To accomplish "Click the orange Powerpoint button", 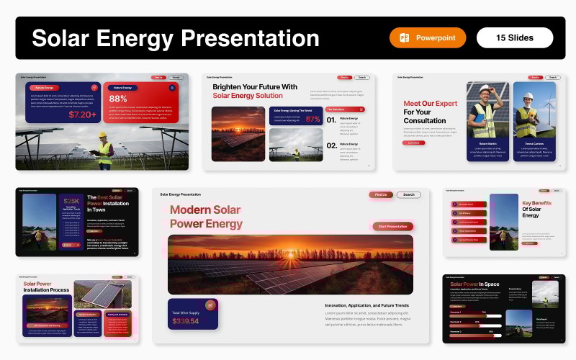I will pyautogui.click(x=428, y=37).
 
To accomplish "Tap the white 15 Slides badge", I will pyautogui.click(x=515, y=37).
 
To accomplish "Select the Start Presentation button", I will pyautogui.click(x=392, y=226).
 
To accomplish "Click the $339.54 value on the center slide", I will pyautogui.click(x=185, y=320).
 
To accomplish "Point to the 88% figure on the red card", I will pyautogui.click(x=119, y=99).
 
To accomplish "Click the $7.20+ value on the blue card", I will pyautogui.click(x=82, y=114).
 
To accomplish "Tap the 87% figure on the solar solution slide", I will pyautogui.click(x=313, y=120).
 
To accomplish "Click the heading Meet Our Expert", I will pyautogui.click(x=431, y=103).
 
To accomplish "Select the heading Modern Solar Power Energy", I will pyautogui.click(x=205, y=217).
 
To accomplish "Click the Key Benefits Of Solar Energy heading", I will pyautogui.click(x=536, y=209).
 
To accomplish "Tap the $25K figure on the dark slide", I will pyautogui.click(x=71, y=202).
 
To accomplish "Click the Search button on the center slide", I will pyautogui.click(x=408, y=194).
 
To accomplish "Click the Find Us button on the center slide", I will pyautogui.click(x=381, y=194).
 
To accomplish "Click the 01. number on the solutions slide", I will pyautogui.click(x=330, y=120).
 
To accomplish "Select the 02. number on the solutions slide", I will pyautogui.click(x=330, y=146).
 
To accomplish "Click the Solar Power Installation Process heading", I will pyautogui.click(x=47, y=287).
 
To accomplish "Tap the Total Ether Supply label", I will pyautogui.click(x=186, y=312).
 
